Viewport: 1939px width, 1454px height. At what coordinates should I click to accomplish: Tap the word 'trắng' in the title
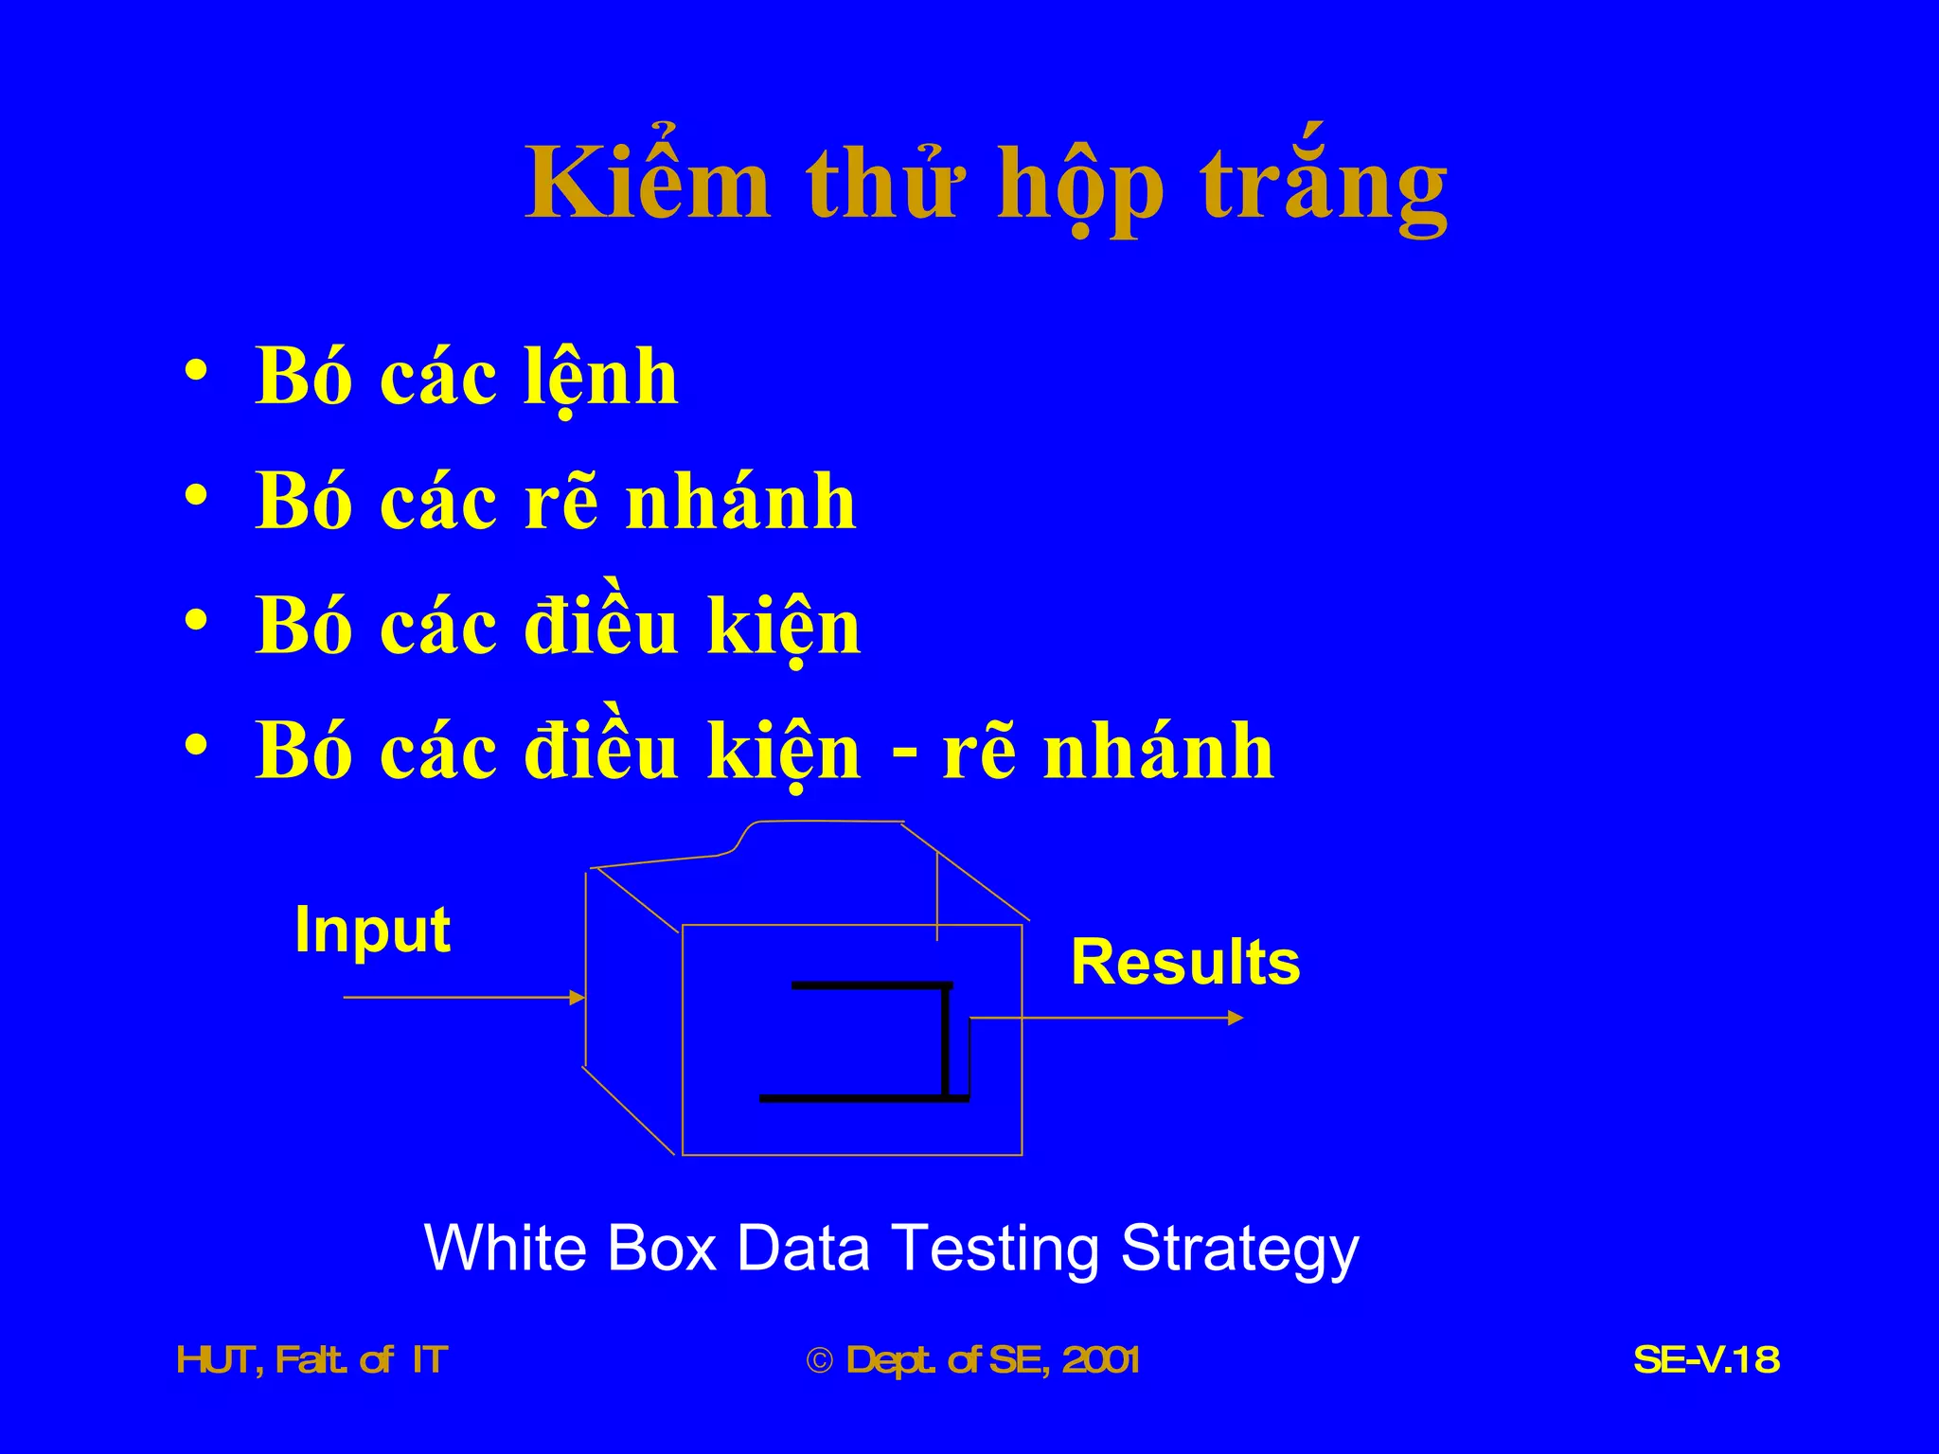(x=1324, y=186)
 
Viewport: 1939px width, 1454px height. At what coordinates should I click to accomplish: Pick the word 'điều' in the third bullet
(x=601, y=627)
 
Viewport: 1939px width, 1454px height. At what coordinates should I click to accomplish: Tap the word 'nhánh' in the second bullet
(x=740, y=502)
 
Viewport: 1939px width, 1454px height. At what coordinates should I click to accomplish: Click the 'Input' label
(x=372, y=930)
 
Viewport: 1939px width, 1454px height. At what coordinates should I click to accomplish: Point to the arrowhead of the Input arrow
(x=577, y=997)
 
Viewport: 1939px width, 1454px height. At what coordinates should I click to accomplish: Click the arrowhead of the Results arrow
(x=1235, y=1018)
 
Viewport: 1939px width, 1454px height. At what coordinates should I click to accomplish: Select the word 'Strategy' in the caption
(x=1239, y=1250)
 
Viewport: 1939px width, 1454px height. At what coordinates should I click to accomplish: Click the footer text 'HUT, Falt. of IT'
(x=312, y=1360)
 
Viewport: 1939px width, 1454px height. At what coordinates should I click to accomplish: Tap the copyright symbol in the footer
(x=819, y=1361)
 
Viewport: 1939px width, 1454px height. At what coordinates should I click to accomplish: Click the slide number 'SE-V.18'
(x=1706, y=1360)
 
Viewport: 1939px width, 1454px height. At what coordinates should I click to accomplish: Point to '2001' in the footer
(x=1100, y=1360)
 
